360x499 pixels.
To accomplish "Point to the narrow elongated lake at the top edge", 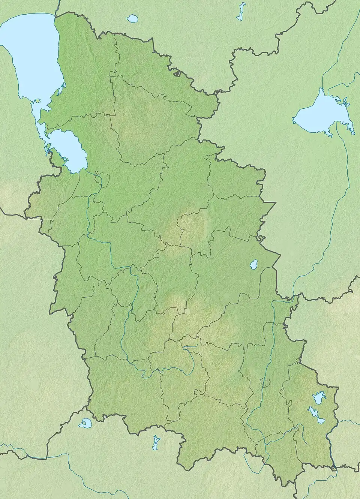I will (240, 11).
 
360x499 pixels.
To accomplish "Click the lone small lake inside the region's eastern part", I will (254, 264).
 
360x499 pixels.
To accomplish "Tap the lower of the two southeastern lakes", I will (315, 414).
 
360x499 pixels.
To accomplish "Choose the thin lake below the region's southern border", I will (155, 444).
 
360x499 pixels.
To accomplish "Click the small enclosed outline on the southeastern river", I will (266, 383).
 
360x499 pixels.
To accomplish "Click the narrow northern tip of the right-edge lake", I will (321, 90).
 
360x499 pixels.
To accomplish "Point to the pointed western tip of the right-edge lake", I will (294, 120).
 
